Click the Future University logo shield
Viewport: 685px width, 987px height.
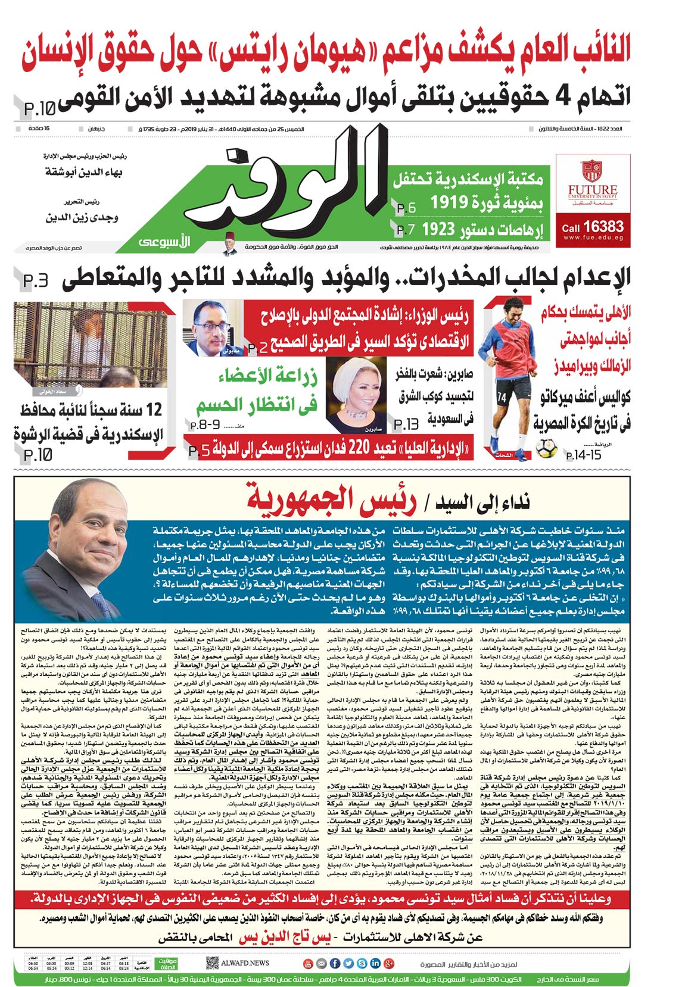(x=591, y=170)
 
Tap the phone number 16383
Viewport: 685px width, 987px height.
(x=603, y=227)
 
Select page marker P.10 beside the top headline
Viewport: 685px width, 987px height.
(x=39, y=109)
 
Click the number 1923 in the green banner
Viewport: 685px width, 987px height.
(x=438, y=229)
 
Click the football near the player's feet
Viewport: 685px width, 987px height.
(x=546, y=448)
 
